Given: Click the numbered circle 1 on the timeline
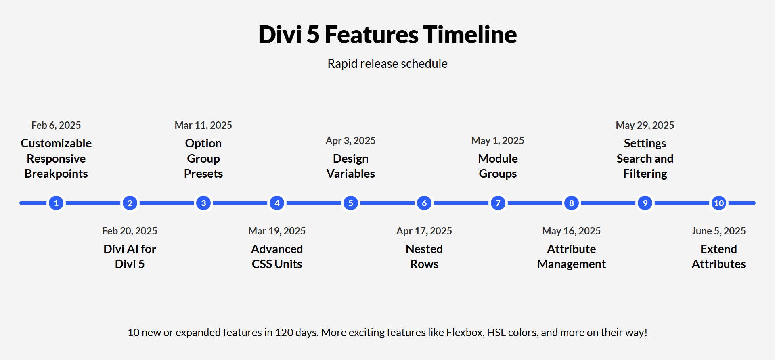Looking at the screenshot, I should coord(56,203).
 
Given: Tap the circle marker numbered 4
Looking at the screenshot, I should coord(277,203).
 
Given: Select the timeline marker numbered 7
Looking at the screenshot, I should coord(498,203).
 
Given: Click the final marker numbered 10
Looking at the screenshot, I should coord(718,203).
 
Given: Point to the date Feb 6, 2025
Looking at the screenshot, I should coord(56,126).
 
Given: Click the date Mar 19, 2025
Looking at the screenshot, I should coord(277,231).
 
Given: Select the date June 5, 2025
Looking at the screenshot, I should coord(718,231).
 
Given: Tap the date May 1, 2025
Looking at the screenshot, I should coord(498,141).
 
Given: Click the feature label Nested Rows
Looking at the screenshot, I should coord(424,256).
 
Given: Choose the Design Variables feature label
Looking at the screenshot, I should coord(350,166).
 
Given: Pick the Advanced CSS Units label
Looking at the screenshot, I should coord(277,256).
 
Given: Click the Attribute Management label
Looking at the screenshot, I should coord(571,256).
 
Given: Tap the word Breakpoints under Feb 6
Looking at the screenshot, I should coord(56,174).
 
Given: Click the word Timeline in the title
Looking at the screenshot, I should coord(470,35).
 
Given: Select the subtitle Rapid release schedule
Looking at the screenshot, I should coord(387,64).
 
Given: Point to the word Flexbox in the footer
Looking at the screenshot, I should coord(465,333).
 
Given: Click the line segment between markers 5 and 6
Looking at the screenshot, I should coord(387,203).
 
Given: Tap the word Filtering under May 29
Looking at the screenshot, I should coord(645,174).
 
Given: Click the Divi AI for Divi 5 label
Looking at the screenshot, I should coord(130,256).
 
